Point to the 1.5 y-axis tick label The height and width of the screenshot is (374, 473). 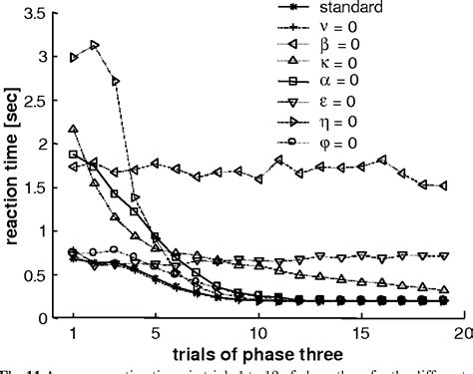point(39,188)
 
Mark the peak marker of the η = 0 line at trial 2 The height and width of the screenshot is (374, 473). point(94,45)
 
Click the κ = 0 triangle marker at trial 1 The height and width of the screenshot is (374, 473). point(74,130)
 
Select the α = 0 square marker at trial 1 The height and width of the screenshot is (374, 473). point(74,155)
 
